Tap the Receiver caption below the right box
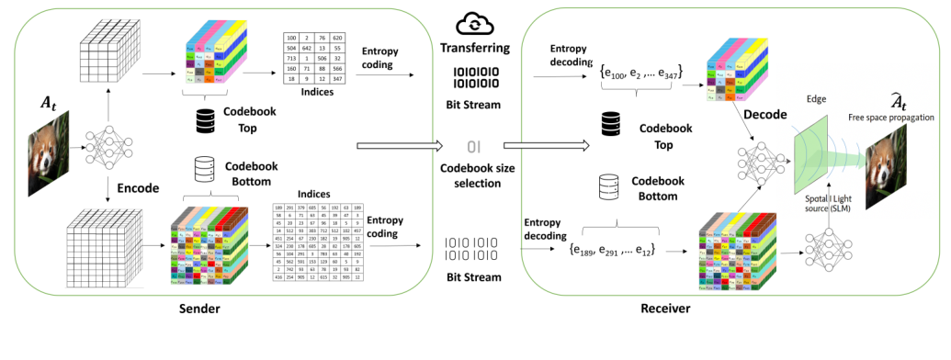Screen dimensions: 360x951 tap(665, 309)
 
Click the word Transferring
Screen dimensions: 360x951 tap(476, 47)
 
